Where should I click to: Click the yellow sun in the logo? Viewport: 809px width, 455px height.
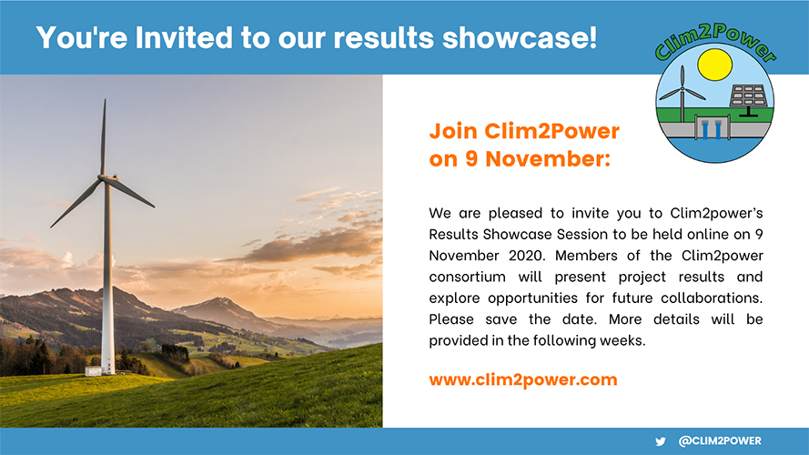(x=714, y=64)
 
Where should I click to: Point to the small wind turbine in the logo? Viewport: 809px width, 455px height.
(x=682, y=93)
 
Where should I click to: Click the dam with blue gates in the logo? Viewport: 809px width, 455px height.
(x=713, y=127)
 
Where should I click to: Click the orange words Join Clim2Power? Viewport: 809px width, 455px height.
(x=524, y=130)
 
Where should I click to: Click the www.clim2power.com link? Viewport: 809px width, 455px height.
(x=522, y=379)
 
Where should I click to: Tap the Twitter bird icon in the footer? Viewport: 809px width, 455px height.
(x=661, y=441)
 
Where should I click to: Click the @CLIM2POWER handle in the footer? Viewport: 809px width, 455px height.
(x=720, y=441)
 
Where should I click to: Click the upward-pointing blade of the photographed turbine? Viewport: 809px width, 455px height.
(x=103, y=136)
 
